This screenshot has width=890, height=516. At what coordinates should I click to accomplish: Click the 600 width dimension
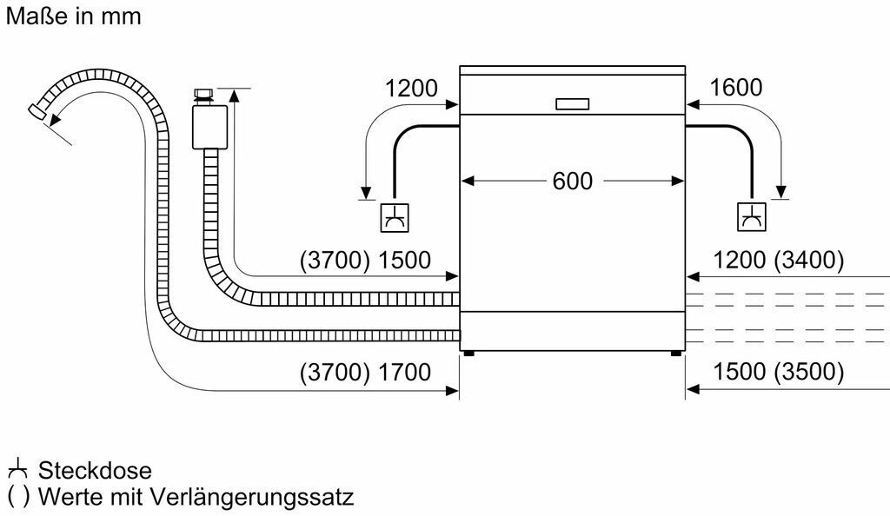572,181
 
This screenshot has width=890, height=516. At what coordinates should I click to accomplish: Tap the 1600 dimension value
735,88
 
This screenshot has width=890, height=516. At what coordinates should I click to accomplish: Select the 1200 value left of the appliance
411,89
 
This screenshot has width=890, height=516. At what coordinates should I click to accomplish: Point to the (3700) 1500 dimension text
365,260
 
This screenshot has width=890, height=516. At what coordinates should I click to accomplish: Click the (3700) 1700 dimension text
365,372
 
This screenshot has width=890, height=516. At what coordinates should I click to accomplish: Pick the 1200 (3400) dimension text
778,260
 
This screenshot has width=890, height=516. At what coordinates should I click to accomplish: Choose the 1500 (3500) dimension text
778,372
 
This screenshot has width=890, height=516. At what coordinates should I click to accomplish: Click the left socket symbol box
395,217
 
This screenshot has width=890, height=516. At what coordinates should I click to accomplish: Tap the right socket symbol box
752,216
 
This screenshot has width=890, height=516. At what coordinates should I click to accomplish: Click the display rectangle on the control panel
572,103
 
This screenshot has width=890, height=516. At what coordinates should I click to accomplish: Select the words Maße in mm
73,16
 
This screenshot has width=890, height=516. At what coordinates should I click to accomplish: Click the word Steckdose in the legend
95,471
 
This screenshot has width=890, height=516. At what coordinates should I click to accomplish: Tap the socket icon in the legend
17,468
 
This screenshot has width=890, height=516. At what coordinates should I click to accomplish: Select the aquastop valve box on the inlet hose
209,127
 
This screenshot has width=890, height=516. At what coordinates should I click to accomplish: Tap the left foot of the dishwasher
468,354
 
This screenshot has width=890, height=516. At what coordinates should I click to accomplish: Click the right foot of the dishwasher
676,354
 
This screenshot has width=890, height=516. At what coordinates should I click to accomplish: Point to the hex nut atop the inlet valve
203,94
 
